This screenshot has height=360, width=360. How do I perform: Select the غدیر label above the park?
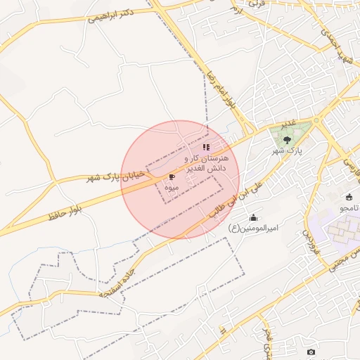click(x=288, y=124)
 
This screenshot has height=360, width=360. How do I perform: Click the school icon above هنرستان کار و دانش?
click(x=206, y=148)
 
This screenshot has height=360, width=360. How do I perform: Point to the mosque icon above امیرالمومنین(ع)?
click(x=253, y=217)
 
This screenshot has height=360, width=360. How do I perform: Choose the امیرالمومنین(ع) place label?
click(x=254, y=228)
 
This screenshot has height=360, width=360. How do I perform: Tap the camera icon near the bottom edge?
click(x=311, y=352)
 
